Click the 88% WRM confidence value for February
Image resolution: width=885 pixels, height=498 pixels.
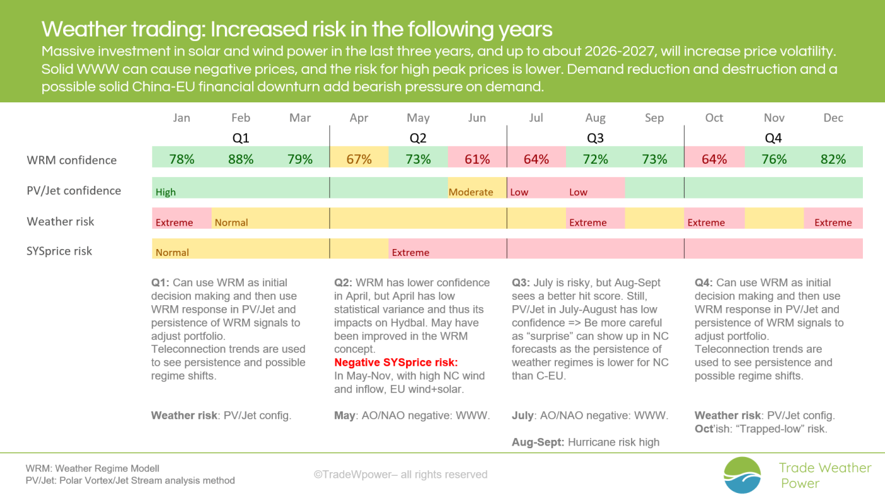[241, 159]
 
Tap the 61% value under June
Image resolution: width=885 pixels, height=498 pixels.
[477, 159]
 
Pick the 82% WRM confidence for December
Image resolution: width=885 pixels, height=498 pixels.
[833, 159]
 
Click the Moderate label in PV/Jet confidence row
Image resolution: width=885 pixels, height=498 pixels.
[471, 192]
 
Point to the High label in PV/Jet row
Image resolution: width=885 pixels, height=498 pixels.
[166, 192]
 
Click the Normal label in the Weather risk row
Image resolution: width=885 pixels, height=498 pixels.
[231, 222]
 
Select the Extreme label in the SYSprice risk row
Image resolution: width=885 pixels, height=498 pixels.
[411, 253]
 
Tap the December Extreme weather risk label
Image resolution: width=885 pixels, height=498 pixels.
[833, 222]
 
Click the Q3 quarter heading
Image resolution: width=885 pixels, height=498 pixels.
[595, 138]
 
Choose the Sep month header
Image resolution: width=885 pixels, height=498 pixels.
[654, 118]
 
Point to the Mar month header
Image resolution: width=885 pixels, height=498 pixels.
[300, 118]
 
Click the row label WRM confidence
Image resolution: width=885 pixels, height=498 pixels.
[71, 160]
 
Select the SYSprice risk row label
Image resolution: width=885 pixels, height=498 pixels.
[59, 251]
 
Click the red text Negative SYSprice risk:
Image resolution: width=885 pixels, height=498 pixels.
[396, 362]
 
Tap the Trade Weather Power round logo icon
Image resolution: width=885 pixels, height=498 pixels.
[742, 475]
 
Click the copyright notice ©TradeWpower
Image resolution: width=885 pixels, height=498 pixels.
[400, 474]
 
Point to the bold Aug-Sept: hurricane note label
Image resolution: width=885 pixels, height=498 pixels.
[538, 442]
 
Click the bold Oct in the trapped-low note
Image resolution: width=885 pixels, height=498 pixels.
[703, 429]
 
